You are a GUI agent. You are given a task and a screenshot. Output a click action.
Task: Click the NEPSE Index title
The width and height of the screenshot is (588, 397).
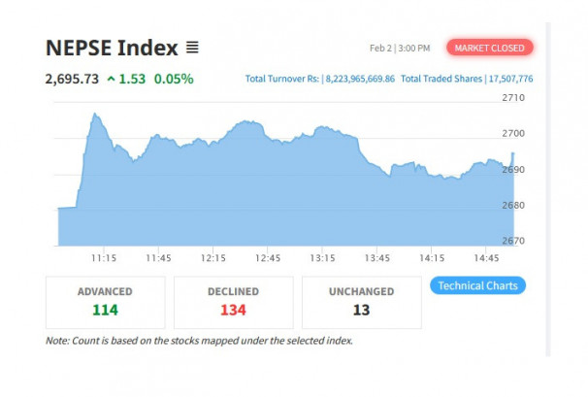[x=112, y=48]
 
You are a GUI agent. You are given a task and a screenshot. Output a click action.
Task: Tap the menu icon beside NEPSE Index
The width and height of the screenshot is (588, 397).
[x=192, y=48]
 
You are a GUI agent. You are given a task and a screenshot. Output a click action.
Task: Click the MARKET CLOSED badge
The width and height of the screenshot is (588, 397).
[x=489, y=48]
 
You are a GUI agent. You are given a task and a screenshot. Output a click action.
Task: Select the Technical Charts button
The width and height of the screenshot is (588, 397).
[x=478, y=285]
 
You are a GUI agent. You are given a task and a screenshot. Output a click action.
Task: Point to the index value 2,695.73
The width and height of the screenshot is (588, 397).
[x=72, y=79]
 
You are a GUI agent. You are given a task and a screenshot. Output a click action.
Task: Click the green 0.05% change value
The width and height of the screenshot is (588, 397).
[x=175, y=79]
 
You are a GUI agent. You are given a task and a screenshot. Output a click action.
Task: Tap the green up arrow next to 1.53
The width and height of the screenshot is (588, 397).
[x=111, y=79]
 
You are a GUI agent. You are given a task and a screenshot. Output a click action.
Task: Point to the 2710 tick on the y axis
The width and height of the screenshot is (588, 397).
[x=513, y=98]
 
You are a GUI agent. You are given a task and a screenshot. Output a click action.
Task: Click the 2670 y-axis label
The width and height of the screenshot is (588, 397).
[x=513, y=241]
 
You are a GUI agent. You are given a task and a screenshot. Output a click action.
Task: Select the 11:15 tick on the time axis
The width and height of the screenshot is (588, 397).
[x=104, y=258]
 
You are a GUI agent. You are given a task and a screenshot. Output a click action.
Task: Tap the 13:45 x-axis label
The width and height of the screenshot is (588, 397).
[x=377, y=258]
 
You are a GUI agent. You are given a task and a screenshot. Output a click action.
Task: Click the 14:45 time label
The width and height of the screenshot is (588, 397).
[x=487, y=258]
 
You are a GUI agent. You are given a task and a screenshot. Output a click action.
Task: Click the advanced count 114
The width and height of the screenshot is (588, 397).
[x=105, y=310]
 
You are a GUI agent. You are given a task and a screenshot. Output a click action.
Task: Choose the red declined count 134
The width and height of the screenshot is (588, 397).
[x=233, y=310]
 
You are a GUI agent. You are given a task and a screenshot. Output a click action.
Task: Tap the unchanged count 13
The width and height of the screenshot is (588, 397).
[x=361, y=310]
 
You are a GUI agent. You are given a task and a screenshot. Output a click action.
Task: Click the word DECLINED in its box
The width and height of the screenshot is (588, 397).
[x=233, y=291]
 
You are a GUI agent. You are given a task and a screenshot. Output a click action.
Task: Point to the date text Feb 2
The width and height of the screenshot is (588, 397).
[x=380, y=48]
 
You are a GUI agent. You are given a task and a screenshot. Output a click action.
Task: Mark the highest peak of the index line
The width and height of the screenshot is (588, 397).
[x=94, y=114]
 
